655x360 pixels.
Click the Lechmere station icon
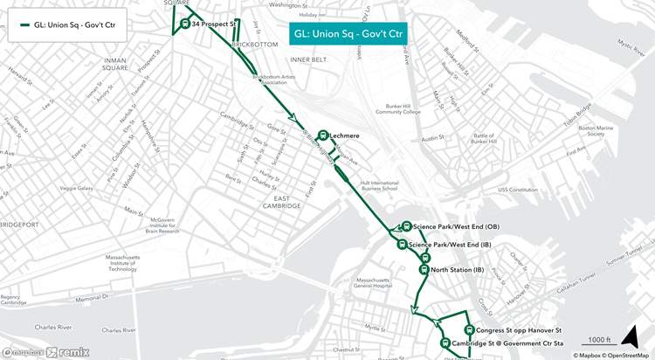(x=324, y=135)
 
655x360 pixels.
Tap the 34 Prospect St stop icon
(x=185, y=24)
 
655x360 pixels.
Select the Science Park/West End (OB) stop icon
(x=406, y=226)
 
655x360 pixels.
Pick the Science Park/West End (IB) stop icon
(x=402, y=245)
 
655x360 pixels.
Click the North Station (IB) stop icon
(x=424, y=270)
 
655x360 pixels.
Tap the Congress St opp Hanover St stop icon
(x=470, y=330)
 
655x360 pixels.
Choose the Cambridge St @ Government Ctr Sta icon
(x=445, y=343)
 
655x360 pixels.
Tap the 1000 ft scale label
(x=599, y=339)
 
